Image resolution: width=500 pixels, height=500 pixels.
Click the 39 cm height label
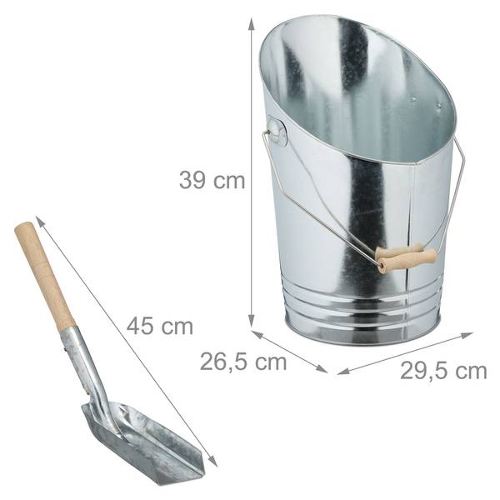(212, 181)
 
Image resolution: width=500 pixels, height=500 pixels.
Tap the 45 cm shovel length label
(160, 326)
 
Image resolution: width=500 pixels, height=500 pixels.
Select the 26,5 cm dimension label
(243, 362)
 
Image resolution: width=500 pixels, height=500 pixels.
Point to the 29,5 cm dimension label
(443, 371)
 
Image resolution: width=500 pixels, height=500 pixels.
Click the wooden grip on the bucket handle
(406, 257)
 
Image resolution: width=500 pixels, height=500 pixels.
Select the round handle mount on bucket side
(277, 131)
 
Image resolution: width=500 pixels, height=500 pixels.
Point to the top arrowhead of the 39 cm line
(252, 24)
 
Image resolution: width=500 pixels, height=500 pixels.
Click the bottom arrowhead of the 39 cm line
(252, 321)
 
